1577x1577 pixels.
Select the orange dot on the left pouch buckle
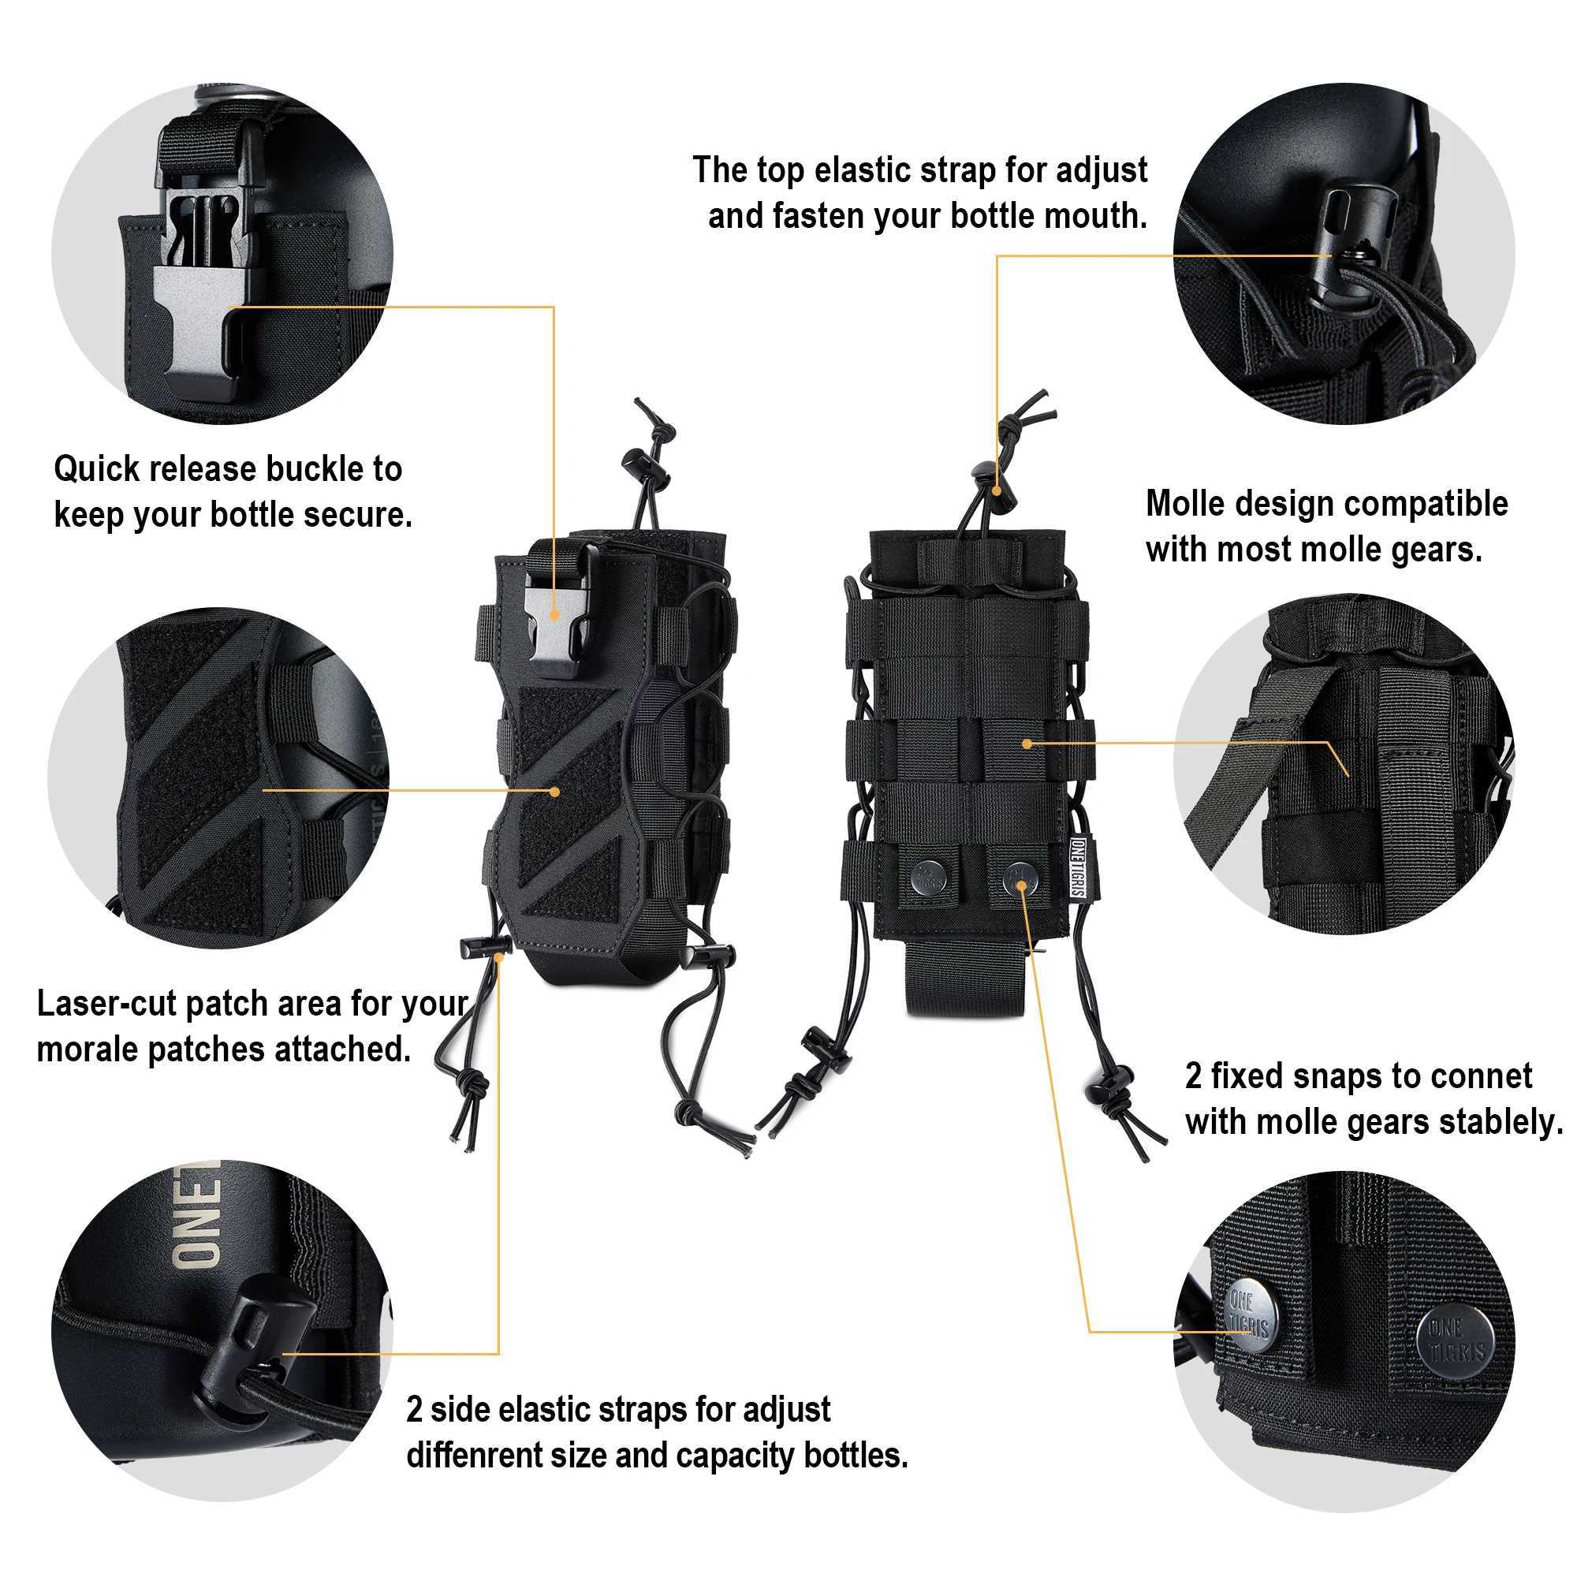click(555, 617)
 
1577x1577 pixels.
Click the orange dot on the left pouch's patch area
click(556, 791)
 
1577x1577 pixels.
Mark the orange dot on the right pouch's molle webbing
click(1027, 744)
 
